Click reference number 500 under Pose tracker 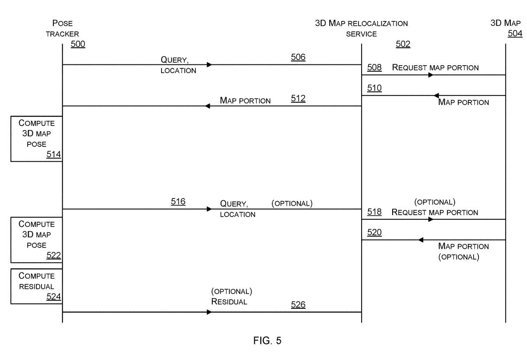click(x=78, y=44)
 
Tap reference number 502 click(x=403, y=44)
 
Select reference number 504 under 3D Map click(x=515, y=34)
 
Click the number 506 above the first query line click(x=298, y=57)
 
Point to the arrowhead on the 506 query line click(x=209, y=65)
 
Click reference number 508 click(x=374, y=67)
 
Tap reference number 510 click(x=374, y=88)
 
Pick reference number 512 click(x=298, y=99)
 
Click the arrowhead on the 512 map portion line click(x=207, y=106)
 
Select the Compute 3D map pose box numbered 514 click(x=36, y=139)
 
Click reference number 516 click(x=178, y=201)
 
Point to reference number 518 click(x=374, y=212)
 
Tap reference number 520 click(x=374, y=233)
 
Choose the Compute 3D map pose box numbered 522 click(x=36, y=240)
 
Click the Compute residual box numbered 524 click(x=36, y=286)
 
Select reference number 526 click(x=298, y=305)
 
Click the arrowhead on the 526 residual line click(x=209, y=312)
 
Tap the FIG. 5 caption click(x=267, y=341)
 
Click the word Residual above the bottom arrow click(x=229, y=301)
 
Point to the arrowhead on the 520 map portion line click(x=421, y=240)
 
